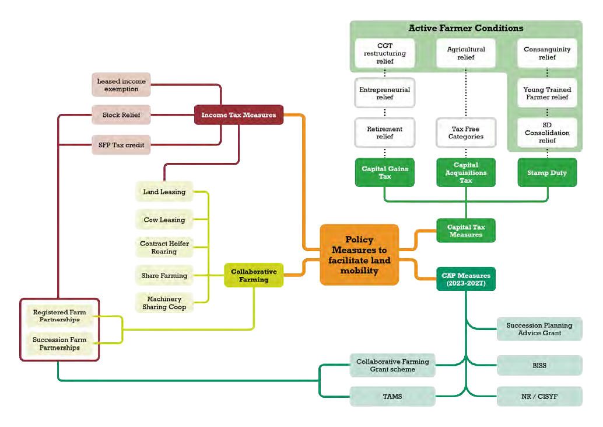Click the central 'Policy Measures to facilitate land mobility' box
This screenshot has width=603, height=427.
point(359,255)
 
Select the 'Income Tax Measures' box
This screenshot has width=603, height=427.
point(239,115)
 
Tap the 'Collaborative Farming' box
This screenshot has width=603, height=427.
point(254,275)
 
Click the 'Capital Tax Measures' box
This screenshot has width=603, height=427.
point(466,231)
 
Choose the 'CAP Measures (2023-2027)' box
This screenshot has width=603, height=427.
point(466,279)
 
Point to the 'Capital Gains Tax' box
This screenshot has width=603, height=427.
point(385,172)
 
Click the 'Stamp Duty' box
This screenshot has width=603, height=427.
point(547,173)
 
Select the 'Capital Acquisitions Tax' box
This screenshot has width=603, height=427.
point(466,172)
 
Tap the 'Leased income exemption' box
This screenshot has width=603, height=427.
point(121,85)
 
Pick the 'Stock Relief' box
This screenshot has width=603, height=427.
point(121,115)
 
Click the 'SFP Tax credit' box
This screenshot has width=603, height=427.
point(121,145)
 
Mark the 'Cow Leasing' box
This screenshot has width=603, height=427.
point(164,220)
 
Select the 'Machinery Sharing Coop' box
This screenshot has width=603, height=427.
point(164,303)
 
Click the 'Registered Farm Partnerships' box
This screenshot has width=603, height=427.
point(59,316)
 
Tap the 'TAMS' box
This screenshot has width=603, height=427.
point(392,396)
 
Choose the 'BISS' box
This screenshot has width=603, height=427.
point(539,365)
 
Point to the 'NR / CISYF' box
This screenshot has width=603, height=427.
point(539,396)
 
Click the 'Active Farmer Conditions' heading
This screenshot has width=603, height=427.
point(465,28)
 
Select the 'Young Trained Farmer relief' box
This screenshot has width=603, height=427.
point(547,93)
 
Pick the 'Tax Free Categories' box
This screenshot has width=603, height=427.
point(466,133)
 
